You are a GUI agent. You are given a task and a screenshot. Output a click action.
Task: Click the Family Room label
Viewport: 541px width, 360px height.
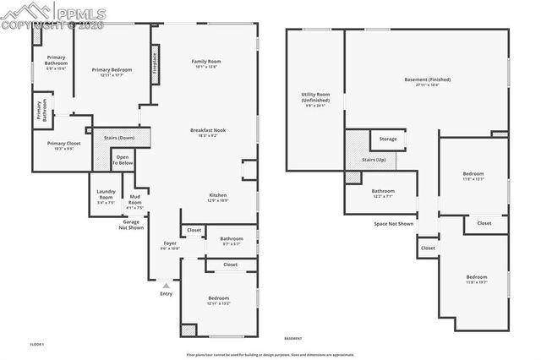[x=205, y=62]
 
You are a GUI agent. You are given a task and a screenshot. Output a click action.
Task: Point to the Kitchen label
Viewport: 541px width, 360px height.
[x=218, y=195]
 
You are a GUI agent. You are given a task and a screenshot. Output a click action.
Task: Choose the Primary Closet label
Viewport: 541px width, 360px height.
[x=63, y=144]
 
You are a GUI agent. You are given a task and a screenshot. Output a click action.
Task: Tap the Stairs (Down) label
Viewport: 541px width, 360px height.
[x=119, y=137]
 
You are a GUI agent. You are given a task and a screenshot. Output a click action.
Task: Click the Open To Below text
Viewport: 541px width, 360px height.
[x=123, y=161]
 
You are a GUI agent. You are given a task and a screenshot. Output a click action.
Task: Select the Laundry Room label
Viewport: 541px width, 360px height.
[x=106, y=195]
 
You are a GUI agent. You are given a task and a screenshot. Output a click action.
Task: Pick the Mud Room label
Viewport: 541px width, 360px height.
[x=134, y=200]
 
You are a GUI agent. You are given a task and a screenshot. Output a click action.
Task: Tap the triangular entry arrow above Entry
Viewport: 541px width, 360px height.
[x=166, y=286]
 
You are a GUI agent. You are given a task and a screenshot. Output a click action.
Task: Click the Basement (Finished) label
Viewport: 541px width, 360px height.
[x=427, y=79]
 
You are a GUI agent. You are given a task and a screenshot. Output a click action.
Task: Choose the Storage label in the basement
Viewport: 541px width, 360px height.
[x=387, y=139]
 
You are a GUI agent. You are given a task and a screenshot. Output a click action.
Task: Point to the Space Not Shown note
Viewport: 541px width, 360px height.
[x=394, y=224]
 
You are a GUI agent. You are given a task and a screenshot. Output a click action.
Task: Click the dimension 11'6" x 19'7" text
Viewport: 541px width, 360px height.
[x=477, y=282]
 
